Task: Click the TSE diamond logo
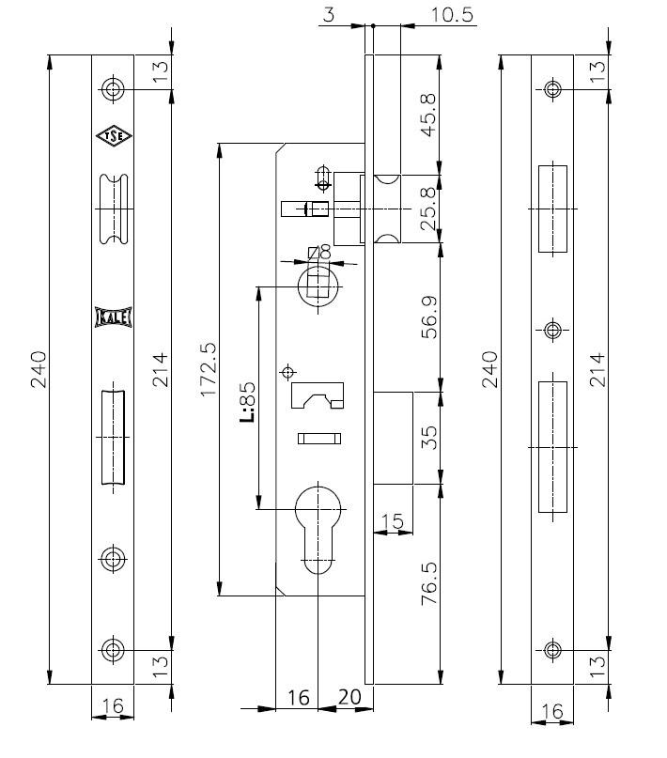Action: pyautogui.click(x=114, y=136)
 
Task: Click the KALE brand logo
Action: pyautogui.click(x=114, y=317)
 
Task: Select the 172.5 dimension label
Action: pyautogui.click(x=209, y=370)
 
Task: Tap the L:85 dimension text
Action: pyautogui.click(x=247, y=402)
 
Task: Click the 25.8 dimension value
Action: pyautogui.click(x=428, y=209)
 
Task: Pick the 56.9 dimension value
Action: pyautogui.click(x=429, y=317)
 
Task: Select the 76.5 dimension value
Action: pyautogui.click(x=429, y=583)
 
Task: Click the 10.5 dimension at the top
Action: pyautogui.click(x=452, y=15)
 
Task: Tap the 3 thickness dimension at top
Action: pyautogui.click(x=329, y=15)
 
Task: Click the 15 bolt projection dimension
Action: pyautogui.click(x=392, y=521)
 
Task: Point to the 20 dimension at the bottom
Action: pyautogui.click(x=349, y=697)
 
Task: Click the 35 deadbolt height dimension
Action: pyautogui.click(x=429, y=438)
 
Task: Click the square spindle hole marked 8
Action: pyautogui.click(x=318, y=286)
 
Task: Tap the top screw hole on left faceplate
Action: pyautogui.click(x=114, y=89)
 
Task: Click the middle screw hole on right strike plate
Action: pyautogui.click(x=552, y=331)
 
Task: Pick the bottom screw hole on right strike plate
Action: pyautogui.click(x=552, y=650)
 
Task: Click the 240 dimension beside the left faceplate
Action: pyautogui.click(x=39, y=370)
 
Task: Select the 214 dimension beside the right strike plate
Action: pyautogui.click(x=597, y=370)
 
